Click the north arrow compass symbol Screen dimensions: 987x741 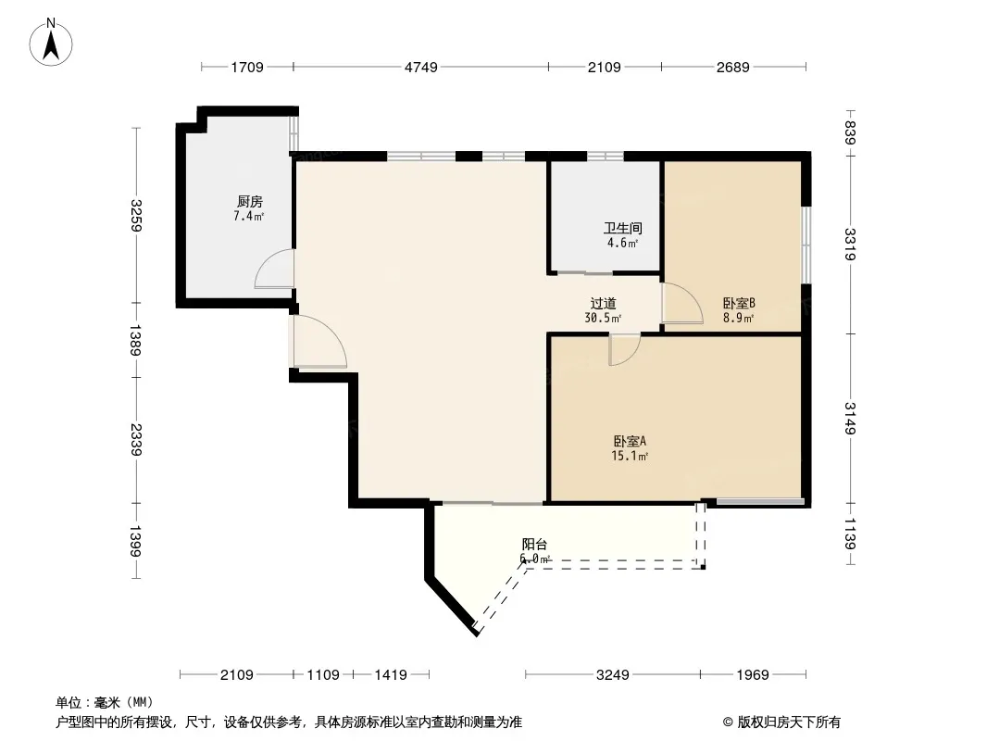tap(51, 43)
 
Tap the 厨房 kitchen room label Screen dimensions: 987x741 tap(249, 202)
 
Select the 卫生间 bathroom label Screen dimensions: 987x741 tap(622, 228)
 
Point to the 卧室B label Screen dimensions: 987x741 tap(738, 304)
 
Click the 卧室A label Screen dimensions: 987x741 tap(630, 441)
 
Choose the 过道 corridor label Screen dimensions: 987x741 tap(603, 304)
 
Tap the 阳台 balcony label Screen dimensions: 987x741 tap(534, 544)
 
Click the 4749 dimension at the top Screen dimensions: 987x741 tap(420, 67)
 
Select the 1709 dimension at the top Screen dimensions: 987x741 tap(246, 67)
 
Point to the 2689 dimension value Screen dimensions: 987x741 tap(732, 67)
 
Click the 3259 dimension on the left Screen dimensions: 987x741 tap(136, 215)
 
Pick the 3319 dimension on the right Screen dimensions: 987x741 tap(850, 244)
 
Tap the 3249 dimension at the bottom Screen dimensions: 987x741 tap(612, 675)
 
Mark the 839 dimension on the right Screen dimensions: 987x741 tap(850, 132)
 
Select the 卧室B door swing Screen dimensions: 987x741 tap(683, 304)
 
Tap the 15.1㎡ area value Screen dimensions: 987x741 tap(630, 456)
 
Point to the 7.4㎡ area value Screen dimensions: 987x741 tap(249, 216)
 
